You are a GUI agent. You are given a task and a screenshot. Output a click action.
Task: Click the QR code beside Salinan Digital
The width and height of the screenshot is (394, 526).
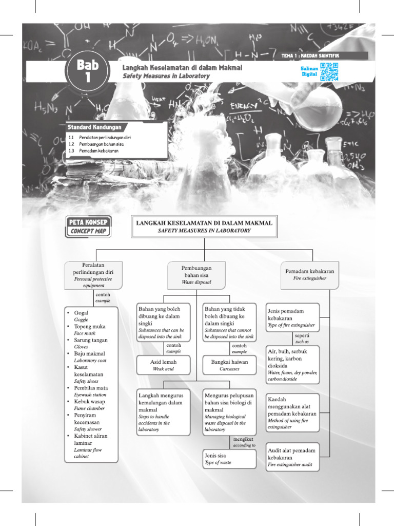(x=329, y=72)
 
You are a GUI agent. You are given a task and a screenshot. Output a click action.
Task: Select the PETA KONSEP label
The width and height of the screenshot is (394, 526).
(x=88, y=222)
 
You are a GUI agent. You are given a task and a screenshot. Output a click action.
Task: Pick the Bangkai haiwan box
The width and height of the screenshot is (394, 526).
(x=229, y=365)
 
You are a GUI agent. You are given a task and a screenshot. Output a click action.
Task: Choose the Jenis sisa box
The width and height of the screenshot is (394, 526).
(x=229, y=459)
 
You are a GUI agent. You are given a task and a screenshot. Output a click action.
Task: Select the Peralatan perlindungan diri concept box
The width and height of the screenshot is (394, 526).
(x=93, y=275)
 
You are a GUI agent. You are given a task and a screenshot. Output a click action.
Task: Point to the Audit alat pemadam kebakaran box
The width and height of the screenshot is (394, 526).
(x=292, y=457)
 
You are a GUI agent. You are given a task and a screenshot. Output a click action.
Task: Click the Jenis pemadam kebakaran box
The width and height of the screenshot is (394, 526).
(x=292, y=318)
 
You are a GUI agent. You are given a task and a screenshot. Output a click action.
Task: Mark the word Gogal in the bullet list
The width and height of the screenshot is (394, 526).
(x=82, y=313)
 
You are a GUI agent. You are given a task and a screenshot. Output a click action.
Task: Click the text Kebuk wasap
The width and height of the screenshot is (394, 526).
(x=90, y=401)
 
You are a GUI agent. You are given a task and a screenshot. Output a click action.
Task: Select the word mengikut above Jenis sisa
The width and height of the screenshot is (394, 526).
(x=244, y=439)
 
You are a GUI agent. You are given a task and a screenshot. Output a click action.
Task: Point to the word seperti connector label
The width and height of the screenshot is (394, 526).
(x=302, y=335)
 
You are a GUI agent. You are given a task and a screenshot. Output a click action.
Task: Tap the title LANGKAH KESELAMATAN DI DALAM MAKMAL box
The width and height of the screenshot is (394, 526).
(x=204, y=227)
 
